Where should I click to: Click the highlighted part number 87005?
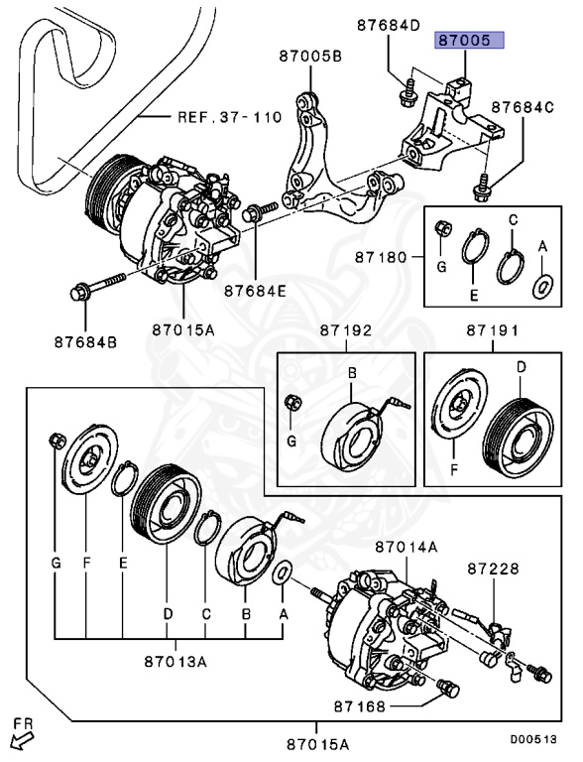(469, 40)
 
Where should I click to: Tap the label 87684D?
(389, 25)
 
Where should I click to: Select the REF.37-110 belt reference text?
(229, 117)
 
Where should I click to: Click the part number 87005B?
(310, 57)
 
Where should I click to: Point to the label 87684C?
(523, 107)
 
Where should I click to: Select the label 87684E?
(255, 291)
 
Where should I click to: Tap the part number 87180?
(381, 257)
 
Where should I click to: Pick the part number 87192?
(346, 330)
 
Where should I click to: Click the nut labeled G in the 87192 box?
(292, 402)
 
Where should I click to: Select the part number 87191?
(493, 330)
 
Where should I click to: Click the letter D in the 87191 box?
(522, 367)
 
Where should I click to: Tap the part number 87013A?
(175, 662)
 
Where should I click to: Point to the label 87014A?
(407, 548)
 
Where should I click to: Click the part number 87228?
(494, 569)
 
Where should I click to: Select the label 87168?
(360, 706)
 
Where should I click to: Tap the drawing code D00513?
(533, 740)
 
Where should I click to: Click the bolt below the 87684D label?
(406, 93)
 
